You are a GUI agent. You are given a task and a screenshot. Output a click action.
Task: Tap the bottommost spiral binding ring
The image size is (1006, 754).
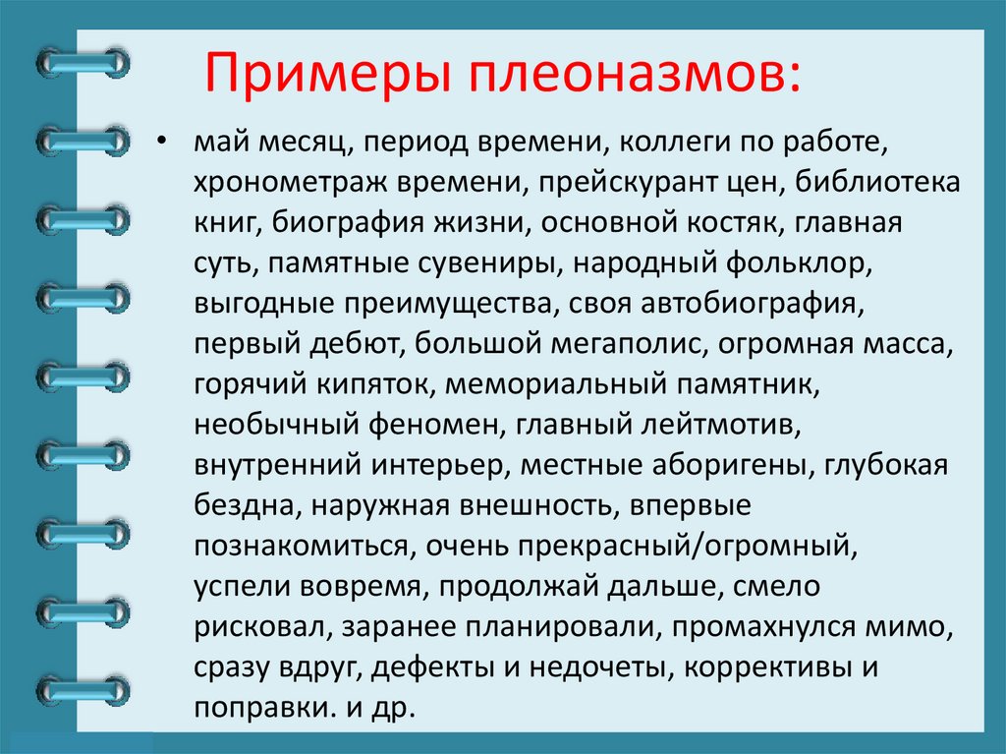coord(83,688)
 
